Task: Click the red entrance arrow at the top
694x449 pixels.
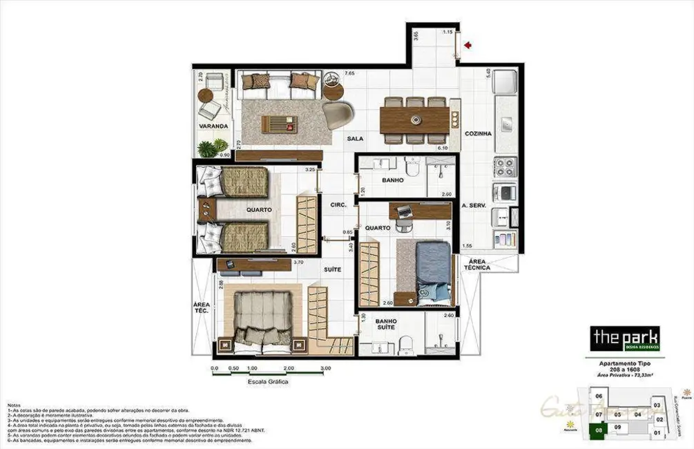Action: pyautogui.click(x=469, y=46)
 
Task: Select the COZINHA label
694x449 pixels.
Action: pyautogui.click(x=478, y=133)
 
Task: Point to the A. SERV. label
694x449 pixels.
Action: pyautogui.click(x=476, y=206)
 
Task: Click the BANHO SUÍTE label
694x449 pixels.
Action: pyautogui.click(x=385, y=325)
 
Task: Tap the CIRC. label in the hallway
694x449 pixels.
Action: pyautogui.click(x=338, y=204)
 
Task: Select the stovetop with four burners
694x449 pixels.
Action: pyautogui.click(x=504, y=166)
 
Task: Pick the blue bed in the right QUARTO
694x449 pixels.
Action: pyautogui.click(x=434, y=272)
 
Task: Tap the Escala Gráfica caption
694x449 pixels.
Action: pyautogui.click(x=268, y=381)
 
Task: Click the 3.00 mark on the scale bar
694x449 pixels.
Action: pyautogui.click(x=325, y=368)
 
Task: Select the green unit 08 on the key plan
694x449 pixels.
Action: pyautogui.click(x=599, y=428)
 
